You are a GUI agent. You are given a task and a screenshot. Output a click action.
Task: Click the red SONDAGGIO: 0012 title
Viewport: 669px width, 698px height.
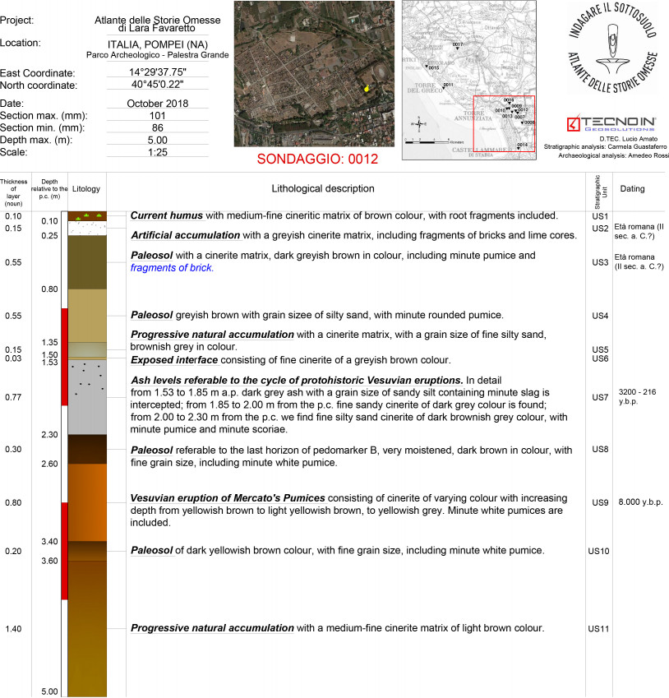pyautogui.click(x=317, y=159)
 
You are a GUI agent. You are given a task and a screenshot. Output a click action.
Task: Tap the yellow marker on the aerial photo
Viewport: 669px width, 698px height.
pyautogui.click(x=367, y=88)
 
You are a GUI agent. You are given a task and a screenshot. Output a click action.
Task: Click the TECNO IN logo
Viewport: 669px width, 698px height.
pyautogui.click(x=607, y=125)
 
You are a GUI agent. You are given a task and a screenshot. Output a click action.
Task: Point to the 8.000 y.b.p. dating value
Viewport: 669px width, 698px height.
pyautogui.click(x=641, y=502)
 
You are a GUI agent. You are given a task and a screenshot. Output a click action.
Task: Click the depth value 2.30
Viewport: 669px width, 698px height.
pyautogui.click(x=49, y=434)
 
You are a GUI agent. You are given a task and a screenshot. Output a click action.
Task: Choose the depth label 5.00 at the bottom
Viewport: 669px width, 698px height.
pyautogui.click(x=49, y=691)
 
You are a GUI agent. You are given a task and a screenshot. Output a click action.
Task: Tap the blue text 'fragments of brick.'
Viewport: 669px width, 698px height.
pyautogui.click(x=172, y=268)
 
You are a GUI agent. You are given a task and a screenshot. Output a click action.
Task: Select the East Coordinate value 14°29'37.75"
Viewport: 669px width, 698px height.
pyautogui.click(x=158, y=73)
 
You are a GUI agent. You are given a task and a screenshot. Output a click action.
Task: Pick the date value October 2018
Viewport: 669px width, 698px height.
pyautogui.click(x=158, y=104)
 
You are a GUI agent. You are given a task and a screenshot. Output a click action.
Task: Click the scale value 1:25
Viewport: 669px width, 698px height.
pyautogui.click(x=158, y=152)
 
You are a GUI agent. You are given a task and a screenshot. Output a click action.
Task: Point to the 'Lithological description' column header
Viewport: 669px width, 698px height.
pyautogui.click(x=323, y=189)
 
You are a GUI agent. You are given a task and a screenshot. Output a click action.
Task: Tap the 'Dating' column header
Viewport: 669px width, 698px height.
pyautogui.click(x=632, y=189)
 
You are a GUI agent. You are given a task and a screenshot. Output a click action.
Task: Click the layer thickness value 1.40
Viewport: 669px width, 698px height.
pyautogui.click(x=12, y=629)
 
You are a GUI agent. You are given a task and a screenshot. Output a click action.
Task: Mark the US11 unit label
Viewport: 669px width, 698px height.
pyautogui.click(x=599, y=629)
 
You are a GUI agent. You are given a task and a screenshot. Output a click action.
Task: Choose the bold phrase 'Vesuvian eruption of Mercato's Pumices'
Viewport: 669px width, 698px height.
pyautogui.click(x=228, y=498)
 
